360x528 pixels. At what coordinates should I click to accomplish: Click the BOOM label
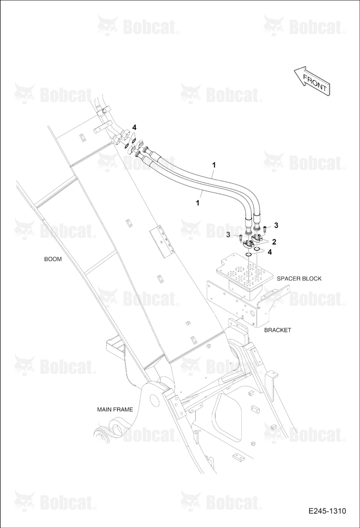[x=53, y=259]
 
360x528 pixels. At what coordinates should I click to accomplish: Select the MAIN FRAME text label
[x=115, y=410]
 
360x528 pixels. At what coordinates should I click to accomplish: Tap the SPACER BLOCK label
[x=299, y=278]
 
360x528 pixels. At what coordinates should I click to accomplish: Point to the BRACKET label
[x=277, y=330]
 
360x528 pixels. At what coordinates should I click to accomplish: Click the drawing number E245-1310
[x=327, y=511]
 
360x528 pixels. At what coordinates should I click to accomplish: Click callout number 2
[x=274, y=242]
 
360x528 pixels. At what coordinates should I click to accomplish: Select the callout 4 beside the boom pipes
[x=134, y=127]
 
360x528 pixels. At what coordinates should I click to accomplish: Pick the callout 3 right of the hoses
[x=276, y=224]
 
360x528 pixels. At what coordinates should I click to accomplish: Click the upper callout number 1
[x=214, y=165]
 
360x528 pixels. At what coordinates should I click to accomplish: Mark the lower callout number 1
[x=197, y=203]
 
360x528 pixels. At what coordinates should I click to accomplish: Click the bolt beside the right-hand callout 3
[x=264, y=229]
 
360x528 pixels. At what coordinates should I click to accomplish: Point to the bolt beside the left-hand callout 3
[x=240, y=238]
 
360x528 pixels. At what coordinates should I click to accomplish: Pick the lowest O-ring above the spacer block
[x=248, y=254]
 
